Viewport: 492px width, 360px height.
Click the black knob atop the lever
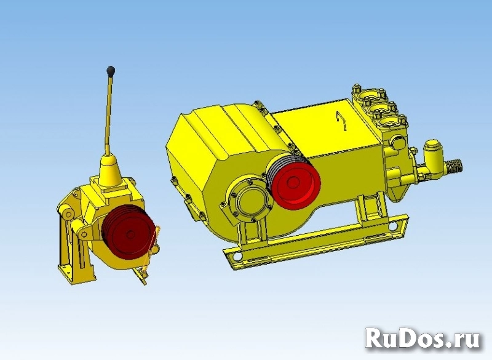111,71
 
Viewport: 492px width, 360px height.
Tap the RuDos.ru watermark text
423,338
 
